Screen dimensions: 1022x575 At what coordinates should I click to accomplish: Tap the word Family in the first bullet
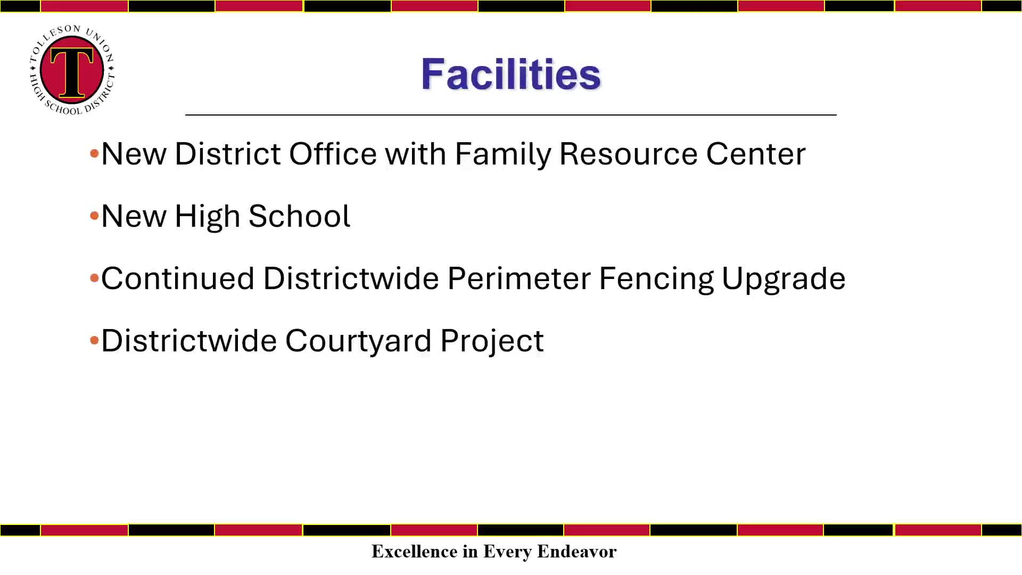(x=503, y=155)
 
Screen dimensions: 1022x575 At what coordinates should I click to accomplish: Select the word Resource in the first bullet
(x=628, y=154)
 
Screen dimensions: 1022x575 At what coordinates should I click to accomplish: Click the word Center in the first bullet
(x=756, y=154)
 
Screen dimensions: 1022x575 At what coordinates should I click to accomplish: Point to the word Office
(x=333, y=154)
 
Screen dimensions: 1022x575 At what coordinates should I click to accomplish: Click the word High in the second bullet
(x=207, y=217)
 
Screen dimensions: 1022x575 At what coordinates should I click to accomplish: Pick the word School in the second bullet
(x=299, y=216)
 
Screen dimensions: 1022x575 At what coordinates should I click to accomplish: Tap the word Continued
(x=178, y=278)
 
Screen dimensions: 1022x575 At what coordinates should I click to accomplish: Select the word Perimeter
(x=519, y=278)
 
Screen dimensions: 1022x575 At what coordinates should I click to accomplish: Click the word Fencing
(x=656, y=280)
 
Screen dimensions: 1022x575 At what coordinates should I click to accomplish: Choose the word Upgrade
(x=784, y=280)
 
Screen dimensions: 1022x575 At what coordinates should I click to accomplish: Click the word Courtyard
(x=358, y=342)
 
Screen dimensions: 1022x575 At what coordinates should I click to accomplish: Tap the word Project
(x=492, y=342)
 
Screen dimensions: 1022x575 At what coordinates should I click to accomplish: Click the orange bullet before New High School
(x=95, y=216)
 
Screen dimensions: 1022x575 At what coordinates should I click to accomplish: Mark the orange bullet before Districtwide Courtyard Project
(x=95, y=340)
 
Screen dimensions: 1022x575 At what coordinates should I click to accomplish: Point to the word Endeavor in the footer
(x=577, y=551)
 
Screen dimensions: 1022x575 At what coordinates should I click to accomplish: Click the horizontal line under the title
(x=511, y=114)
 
